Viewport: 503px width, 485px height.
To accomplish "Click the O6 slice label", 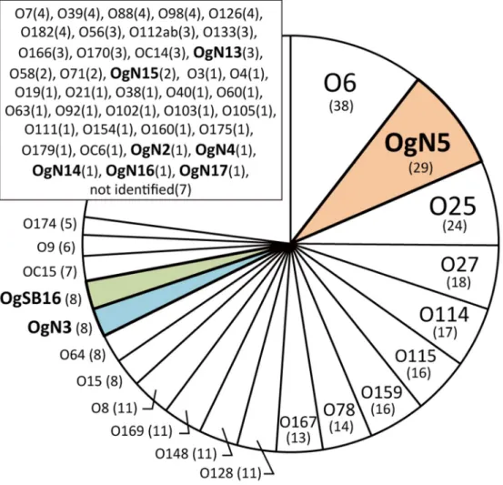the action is pos(339,84).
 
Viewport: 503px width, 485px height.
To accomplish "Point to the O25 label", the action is pos(452,207).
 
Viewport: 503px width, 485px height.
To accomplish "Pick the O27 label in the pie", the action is pos(459,265).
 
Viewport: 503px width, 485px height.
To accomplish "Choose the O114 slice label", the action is pos(444,315).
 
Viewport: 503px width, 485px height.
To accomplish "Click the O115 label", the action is pos(416,357).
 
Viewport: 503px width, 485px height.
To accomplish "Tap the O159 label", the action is pos(382,392).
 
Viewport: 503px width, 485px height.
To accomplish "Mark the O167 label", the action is pos(298,422).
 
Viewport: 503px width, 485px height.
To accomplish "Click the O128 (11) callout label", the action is pos(230,473).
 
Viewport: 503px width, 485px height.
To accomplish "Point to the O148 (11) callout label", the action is pos(186,454).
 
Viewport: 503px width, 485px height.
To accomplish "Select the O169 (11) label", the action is pos(142,431).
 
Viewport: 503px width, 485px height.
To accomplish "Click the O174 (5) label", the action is pos(50,224).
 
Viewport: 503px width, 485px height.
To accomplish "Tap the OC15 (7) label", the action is pos(50,272).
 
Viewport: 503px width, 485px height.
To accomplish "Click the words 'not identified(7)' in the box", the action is pos(141,189).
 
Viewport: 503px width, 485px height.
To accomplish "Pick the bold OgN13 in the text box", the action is pos(217,53).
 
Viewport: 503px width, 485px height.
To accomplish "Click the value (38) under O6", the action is pos(341,106).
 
